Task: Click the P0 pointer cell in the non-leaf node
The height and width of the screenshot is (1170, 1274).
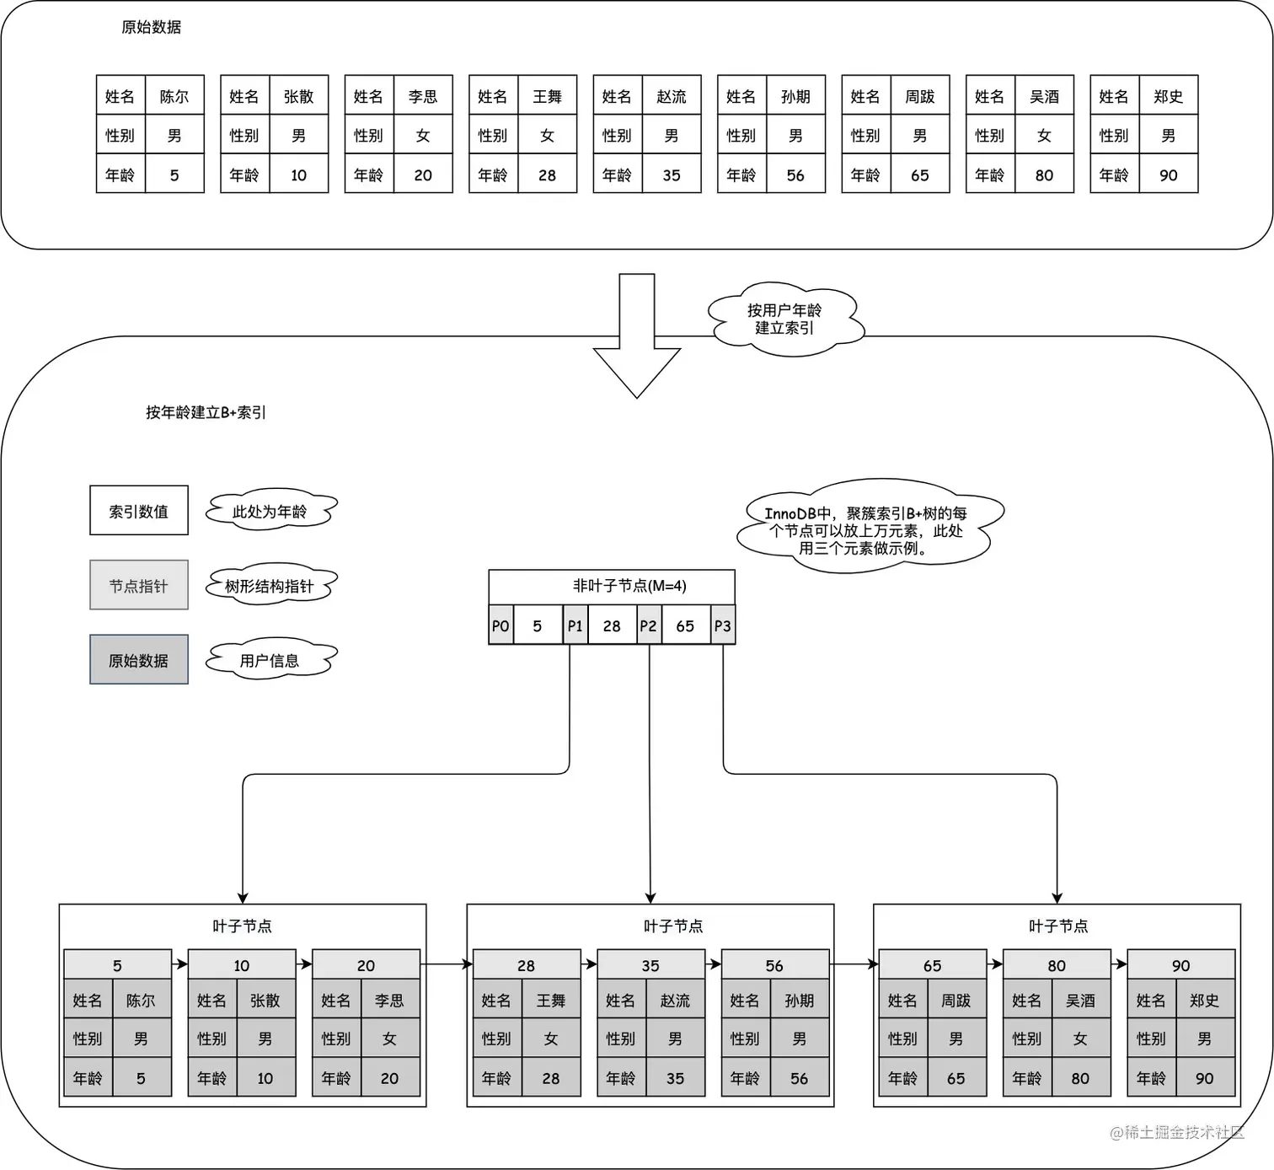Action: (500, 625)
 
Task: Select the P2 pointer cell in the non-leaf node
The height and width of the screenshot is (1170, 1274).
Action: (648, 625)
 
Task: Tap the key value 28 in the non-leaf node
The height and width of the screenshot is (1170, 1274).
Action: (612, 625)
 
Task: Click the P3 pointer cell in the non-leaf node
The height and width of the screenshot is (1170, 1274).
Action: (723, 625)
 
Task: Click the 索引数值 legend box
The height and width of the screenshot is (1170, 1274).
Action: (139, 511)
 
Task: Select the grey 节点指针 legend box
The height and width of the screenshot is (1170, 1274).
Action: (139, 585)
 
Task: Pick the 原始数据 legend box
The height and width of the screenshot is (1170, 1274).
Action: (139, 660)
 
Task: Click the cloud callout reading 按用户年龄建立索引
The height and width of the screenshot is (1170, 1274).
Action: (784, 319)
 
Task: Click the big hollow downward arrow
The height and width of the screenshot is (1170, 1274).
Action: (637, 337)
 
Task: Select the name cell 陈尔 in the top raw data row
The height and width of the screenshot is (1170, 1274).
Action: (174, 96)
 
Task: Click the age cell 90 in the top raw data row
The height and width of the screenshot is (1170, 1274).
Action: (1168, 175)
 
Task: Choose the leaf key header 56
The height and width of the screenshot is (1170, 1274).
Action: (774, 965)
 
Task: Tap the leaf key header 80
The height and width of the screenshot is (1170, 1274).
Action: (1057, 965)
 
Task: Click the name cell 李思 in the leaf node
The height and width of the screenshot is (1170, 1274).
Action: (389, 1001)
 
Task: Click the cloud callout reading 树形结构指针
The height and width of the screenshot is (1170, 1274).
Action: (270, 586)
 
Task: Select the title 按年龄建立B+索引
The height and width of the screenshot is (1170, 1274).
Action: (206, 412)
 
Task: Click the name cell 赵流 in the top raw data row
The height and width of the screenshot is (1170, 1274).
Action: (672, 96)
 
